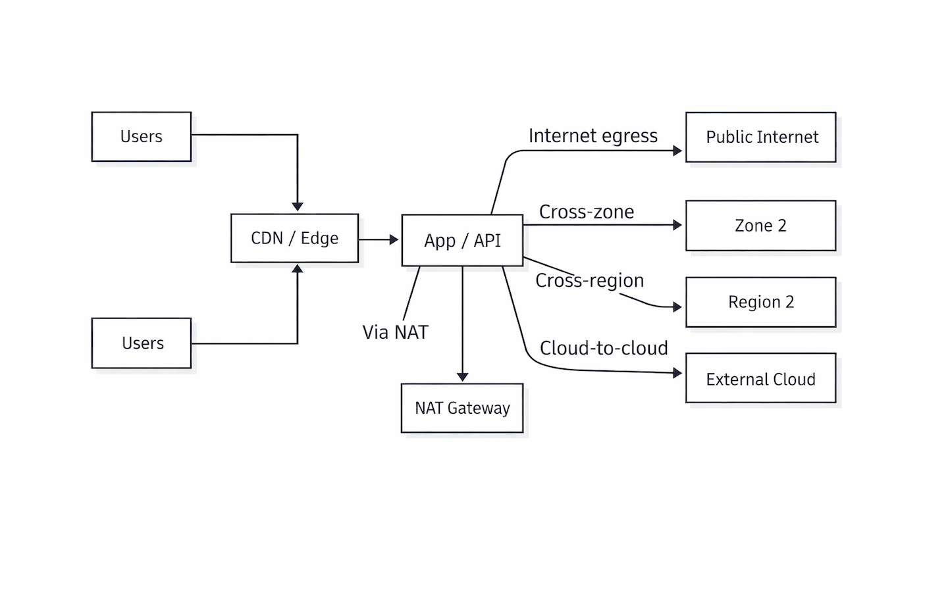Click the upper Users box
tap(142, 137)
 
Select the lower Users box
tap(142, 343)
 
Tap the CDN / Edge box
tap(294, 238)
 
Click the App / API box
tap(462, 240)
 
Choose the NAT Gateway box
tap(462, 408)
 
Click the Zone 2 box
tap(760, 226)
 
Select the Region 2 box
tap(760, 302)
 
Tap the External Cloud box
tap(760, 379)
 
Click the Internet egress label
tap(592, 136)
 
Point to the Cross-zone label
tap(586, 212)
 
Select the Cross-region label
tap(589, 281)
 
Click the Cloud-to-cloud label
tap(603, 348)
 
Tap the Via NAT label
tap(395, 332)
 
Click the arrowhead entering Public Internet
tap(677, 151)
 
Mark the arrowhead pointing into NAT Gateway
tap(462, 377)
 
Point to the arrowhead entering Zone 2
tap(677, 225)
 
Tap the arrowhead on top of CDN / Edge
tap(298, 207)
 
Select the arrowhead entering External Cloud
tap(677, 373)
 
